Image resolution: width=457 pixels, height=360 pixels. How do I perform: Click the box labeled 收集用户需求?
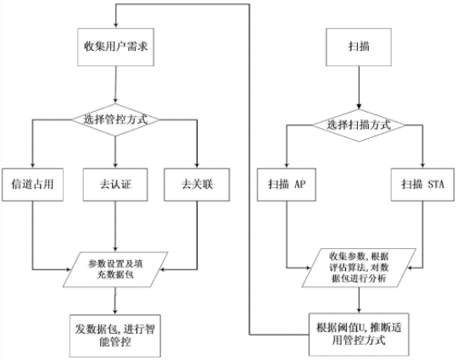[115, 47]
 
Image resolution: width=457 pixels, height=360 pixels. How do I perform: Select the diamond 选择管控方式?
[115, 119]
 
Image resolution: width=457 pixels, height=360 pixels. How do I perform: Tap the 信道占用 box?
[32, 185]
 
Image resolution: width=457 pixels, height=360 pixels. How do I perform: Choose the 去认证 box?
[115, 185]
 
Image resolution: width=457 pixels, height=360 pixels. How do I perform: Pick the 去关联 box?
[197, 185]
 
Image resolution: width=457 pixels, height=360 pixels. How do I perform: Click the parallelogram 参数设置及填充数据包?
[115, 269]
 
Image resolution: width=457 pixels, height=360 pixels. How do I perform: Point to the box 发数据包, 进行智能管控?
[115, 335]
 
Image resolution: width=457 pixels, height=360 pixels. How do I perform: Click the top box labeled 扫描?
[359, 47]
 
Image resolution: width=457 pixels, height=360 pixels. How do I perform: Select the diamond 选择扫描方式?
[359, 125]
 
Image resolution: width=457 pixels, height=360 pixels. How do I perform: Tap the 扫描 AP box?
[287, 185]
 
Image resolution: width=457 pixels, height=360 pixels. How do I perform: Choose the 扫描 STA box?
[422, 185]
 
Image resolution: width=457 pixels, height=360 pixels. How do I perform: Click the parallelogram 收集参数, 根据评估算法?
[359, 268]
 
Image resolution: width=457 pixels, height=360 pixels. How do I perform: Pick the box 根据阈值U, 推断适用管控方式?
[359, 335]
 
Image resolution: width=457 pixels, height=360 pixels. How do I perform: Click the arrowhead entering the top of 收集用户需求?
[115, 25]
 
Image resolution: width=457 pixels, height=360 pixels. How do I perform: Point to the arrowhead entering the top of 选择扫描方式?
[359, 107]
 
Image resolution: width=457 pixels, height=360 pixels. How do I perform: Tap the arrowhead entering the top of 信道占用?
[32, 165]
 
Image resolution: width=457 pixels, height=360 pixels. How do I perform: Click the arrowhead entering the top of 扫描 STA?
[422, 165]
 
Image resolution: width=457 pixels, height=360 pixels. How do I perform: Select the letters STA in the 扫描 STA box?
[436, 185]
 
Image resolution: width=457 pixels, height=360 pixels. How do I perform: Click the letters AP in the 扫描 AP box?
[300, 185]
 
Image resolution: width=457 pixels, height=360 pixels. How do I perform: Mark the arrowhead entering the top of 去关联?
[197, 165]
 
